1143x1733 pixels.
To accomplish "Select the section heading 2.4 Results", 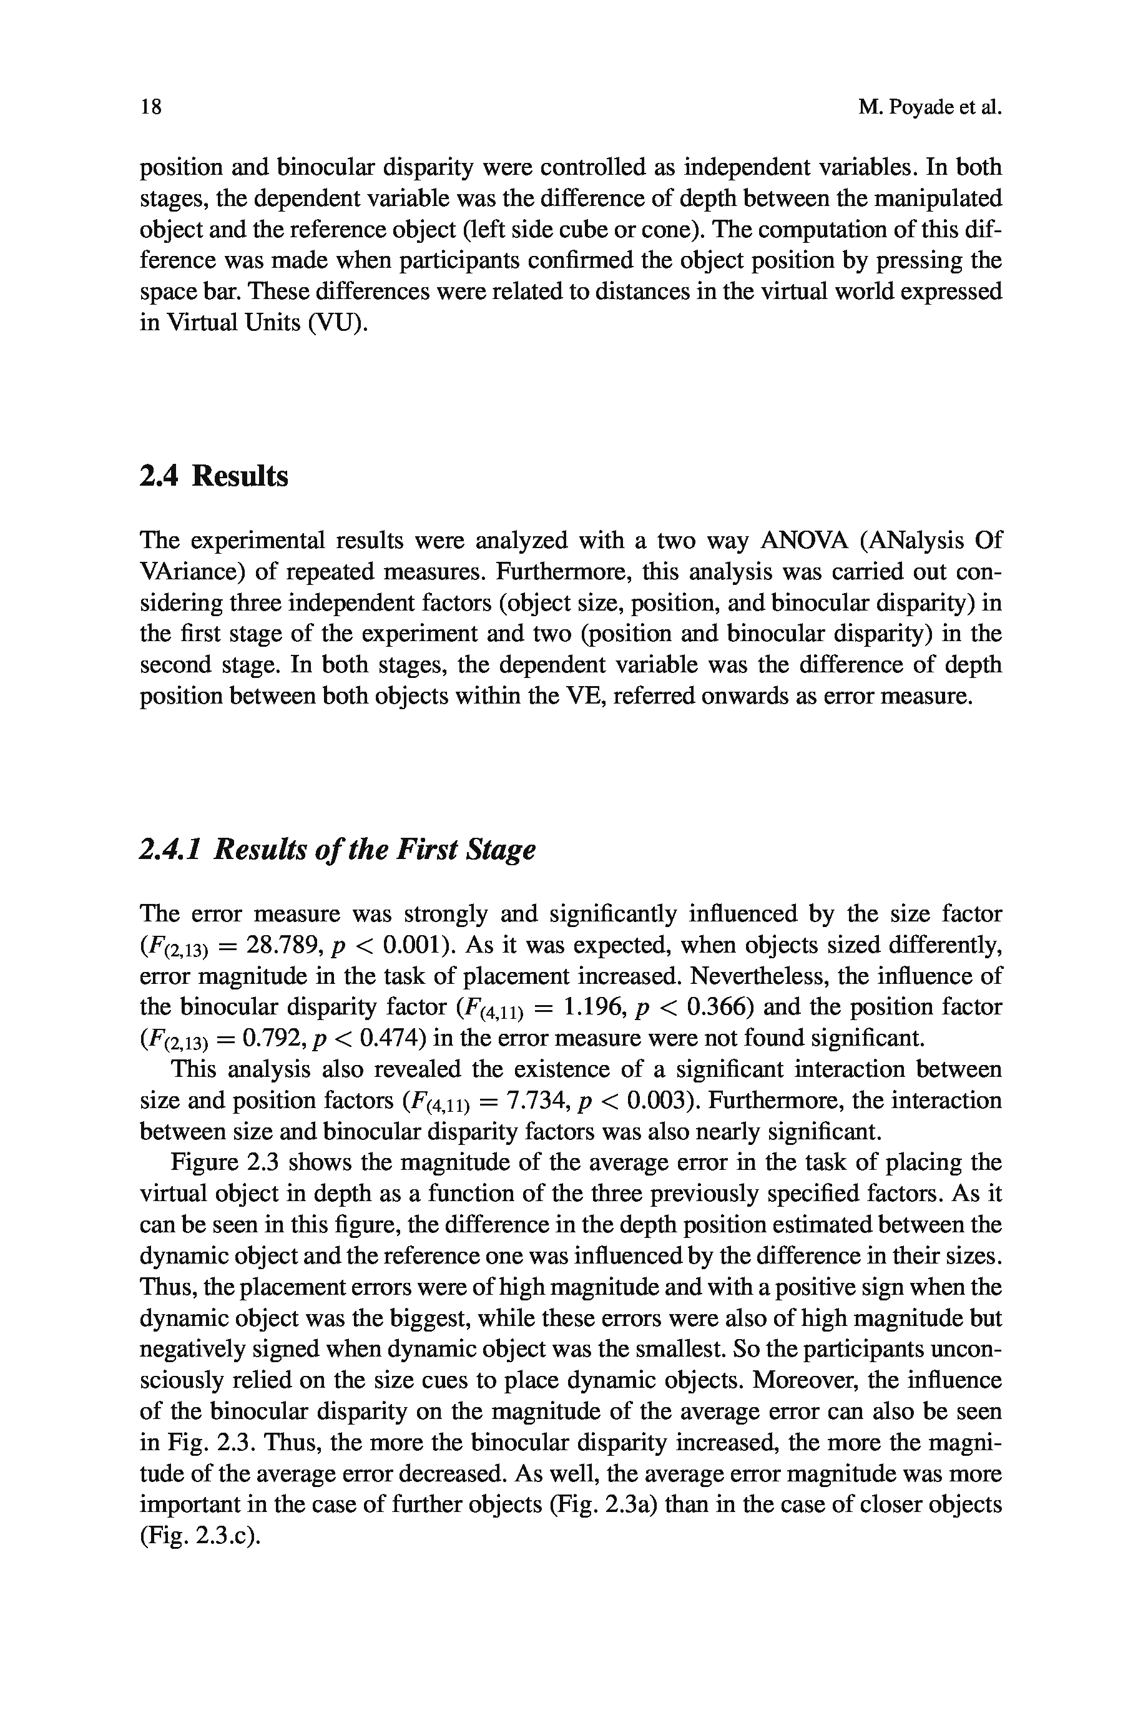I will pyautogui.click(x=213, y=476).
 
